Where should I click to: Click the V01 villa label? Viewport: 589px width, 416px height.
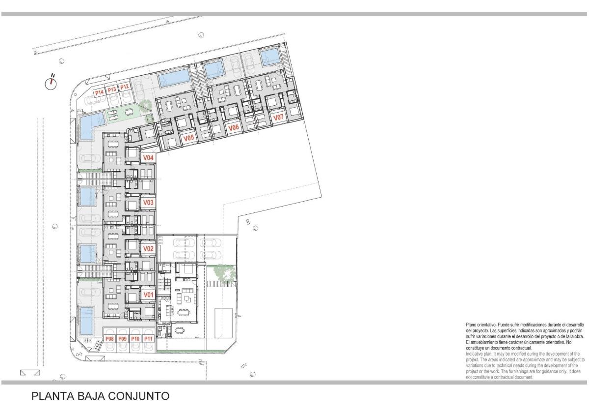pos(148,295)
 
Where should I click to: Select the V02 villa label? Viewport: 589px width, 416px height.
pos(148,249)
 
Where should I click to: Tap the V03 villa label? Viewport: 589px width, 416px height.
pos(148,203)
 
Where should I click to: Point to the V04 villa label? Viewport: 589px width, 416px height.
pos(148,157)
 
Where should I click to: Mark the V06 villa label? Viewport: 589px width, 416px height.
pos(234,128)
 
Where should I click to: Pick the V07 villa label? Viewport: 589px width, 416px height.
pos(278,118)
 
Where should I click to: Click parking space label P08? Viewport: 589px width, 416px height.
pos(109,339)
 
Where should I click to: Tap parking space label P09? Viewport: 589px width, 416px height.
pos(123,339)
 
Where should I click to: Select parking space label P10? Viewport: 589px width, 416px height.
pos(136,339)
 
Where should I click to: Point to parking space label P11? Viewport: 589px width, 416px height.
pos(149,339)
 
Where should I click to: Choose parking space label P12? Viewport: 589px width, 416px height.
pos(124,87)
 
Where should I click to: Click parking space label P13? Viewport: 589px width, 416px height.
pos(111,89)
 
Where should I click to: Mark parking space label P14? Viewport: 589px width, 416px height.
pos(99,92)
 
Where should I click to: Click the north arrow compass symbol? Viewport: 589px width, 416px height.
pos(51,83)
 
